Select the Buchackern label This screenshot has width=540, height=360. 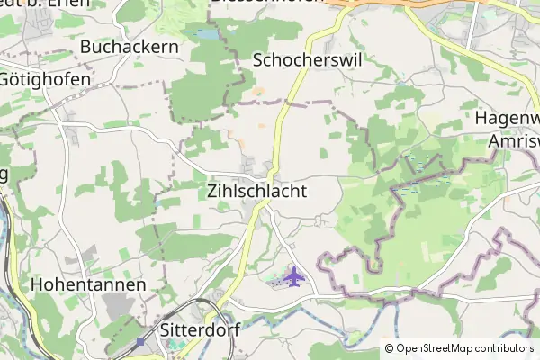pyautogui.click(x=129, y=46)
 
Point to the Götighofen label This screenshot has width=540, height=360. pyautogui.click(x=45, y=79)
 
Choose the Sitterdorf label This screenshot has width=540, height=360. pyautogui.click(x=199, y=329)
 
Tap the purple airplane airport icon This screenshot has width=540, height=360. pyautogui.click(x=293, y=275)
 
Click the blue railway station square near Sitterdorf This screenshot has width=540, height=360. pyautogui.click(x=139, y=343)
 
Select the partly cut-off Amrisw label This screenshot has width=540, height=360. pyautogui.click(x=514, y=141)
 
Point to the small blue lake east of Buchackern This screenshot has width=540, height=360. pyautogui.click(x=207, y=34)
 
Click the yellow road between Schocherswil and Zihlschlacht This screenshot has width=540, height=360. pyautogui.click(x=283, y=117)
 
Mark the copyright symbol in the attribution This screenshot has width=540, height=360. pyautogui.click(x=389, y=348)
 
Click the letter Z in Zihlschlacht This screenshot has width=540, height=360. pyautogui.click(x=212, y=192)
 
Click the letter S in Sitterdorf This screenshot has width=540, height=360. pyautogui.click(x=165, y=329)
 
